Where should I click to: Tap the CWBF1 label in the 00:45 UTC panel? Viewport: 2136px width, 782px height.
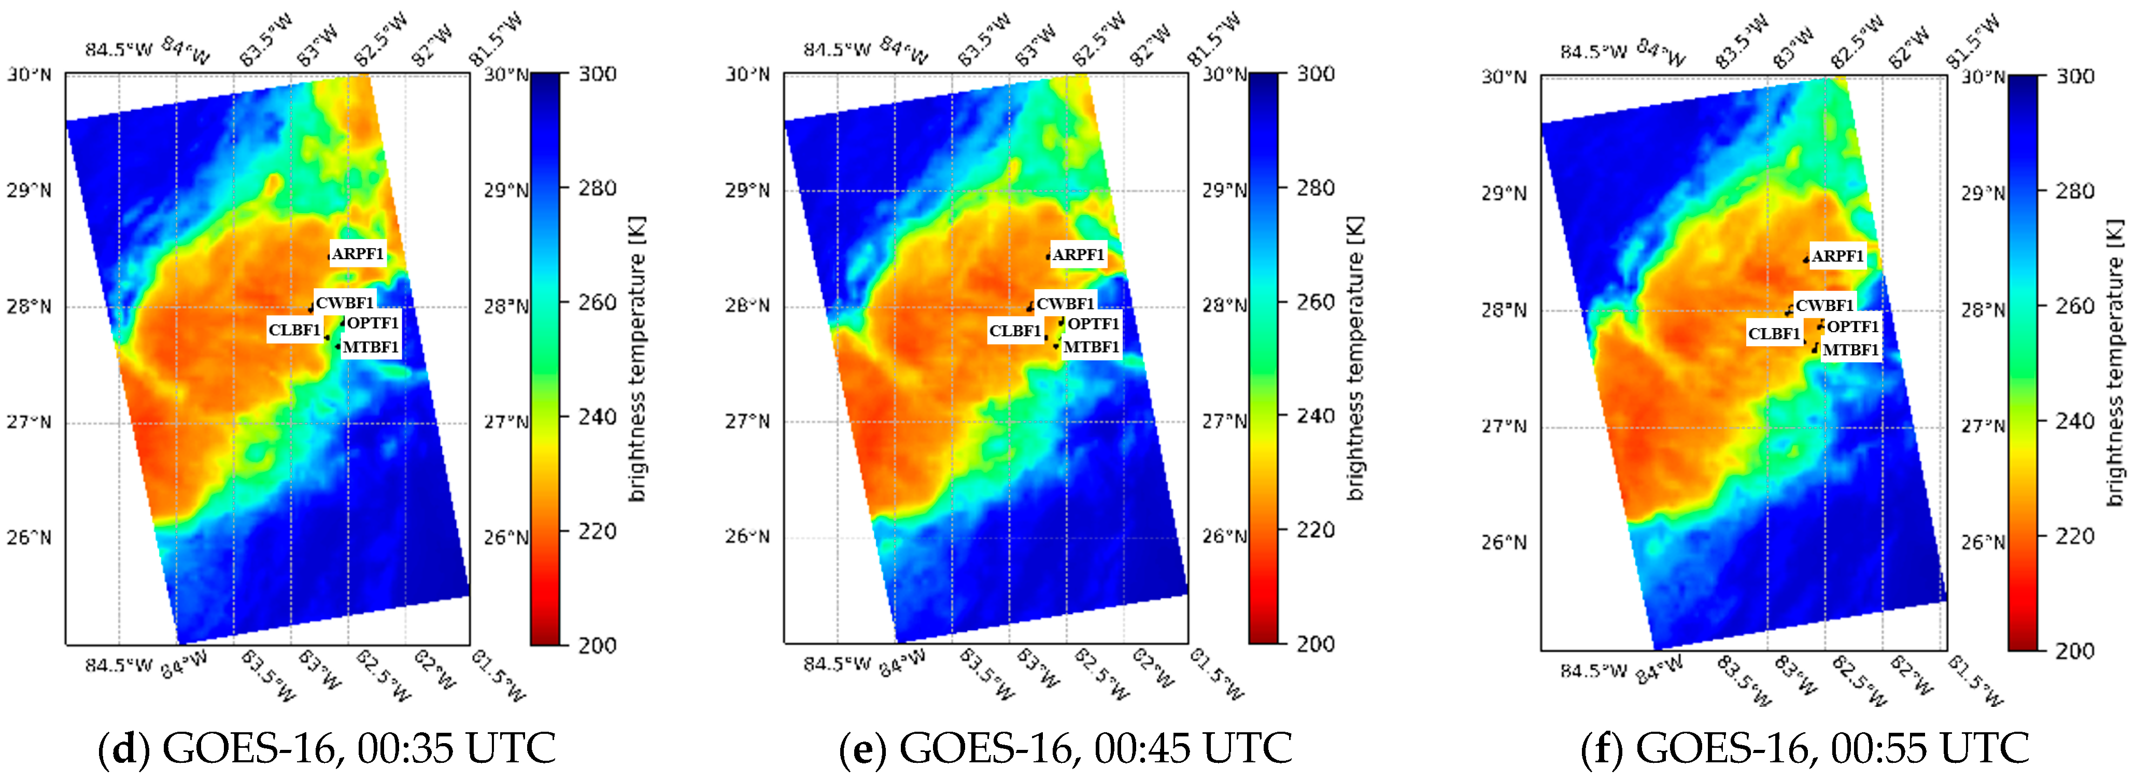point(1065,304)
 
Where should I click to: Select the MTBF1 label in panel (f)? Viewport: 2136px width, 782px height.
point(1850,350)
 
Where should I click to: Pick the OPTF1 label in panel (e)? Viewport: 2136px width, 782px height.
point(1093,323)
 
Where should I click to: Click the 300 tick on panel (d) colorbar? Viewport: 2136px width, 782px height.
point(598,74)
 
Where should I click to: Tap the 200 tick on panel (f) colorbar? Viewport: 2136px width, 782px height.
point(2075,650)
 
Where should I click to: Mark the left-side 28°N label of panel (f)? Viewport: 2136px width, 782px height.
point(1503,310)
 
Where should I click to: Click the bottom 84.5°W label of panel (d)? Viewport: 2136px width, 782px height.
point(119,665)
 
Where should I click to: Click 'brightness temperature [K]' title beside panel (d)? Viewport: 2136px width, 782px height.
point(637,358)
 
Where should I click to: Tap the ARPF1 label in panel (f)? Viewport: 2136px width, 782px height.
point(1836,256)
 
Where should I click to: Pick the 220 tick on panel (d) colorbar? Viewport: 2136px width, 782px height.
point(598,531)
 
